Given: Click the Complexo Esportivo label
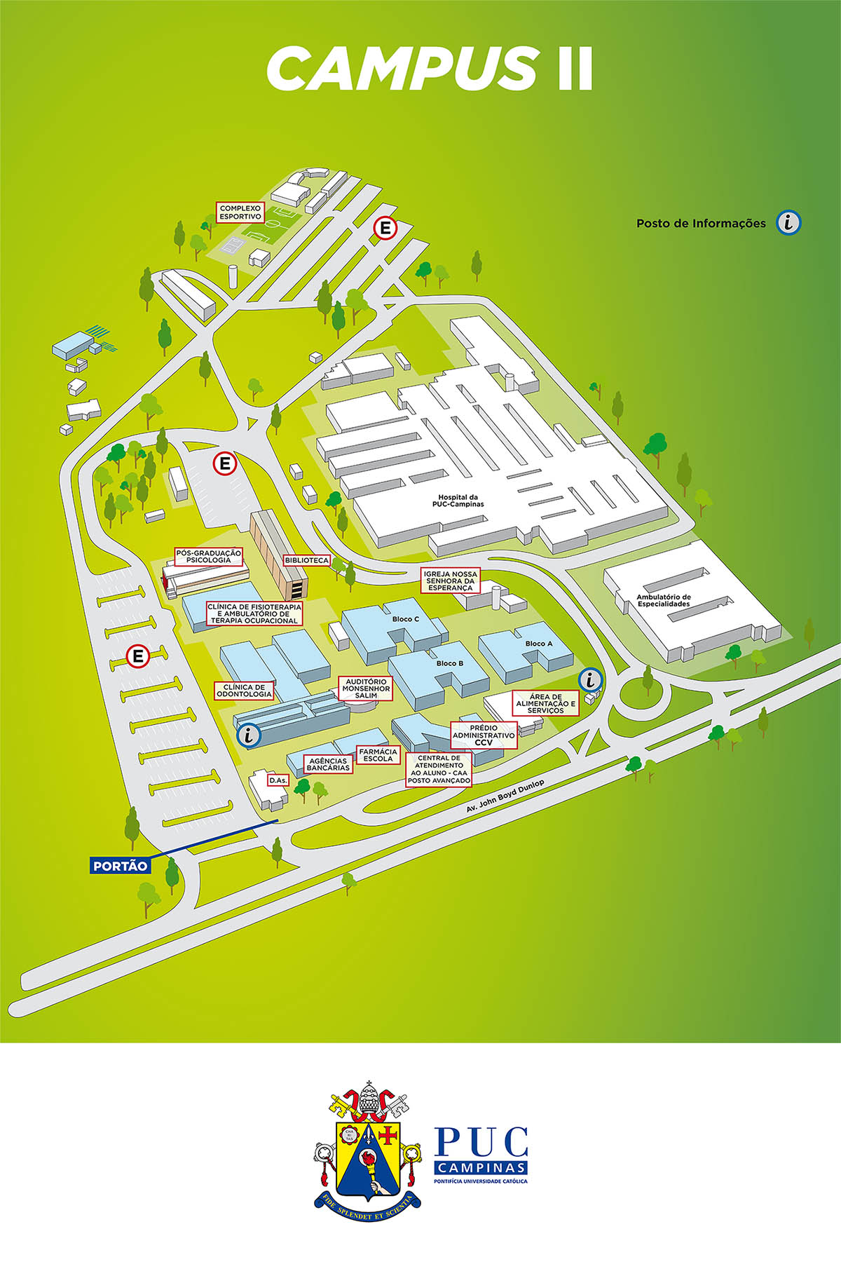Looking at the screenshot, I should (240, 212).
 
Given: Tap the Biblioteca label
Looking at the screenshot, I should (307, 561).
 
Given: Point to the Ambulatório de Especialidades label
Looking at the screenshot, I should (663, 600).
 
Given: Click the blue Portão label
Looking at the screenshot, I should (121, 866).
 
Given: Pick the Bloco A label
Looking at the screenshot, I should (539, 644).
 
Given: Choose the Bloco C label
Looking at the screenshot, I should (406, 619).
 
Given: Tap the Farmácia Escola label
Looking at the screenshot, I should (378, 755).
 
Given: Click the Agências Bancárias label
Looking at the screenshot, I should (328, 764).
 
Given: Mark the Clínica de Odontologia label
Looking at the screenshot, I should (244, 691).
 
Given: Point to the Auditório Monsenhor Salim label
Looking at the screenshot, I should (366, 688).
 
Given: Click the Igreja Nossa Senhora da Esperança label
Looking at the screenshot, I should (451, 581).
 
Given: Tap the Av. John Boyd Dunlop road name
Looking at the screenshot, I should (505, 796).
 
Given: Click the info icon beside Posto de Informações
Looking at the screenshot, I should (789, 223).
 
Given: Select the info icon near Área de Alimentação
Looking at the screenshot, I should (592, 679).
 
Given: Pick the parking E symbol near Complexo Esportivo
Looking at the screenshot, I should (385, 228).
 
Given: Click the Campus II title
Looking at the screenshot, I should (430, 69).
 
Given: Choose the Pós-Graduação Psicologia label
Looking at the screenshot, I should (208, 557).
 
